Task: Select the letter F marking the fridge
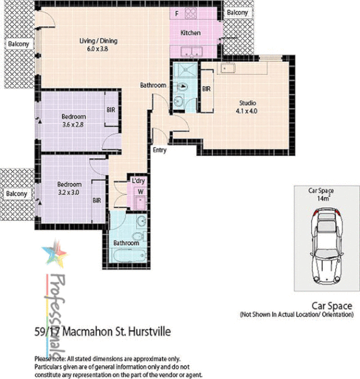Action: (177, 13)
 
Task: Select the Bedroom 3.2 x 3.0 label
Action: (69, 188)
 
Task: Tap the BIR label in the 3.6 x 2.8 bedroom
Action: (110, 111)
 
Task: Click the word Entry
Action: (160, 150)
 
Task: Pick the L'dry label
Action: (139, 181)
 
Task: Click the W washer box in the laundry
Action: (141, 194)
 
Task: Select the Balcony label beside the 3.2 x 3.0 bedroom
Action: (17, 194)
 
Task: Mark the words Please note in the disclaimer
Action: (49, 359)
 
